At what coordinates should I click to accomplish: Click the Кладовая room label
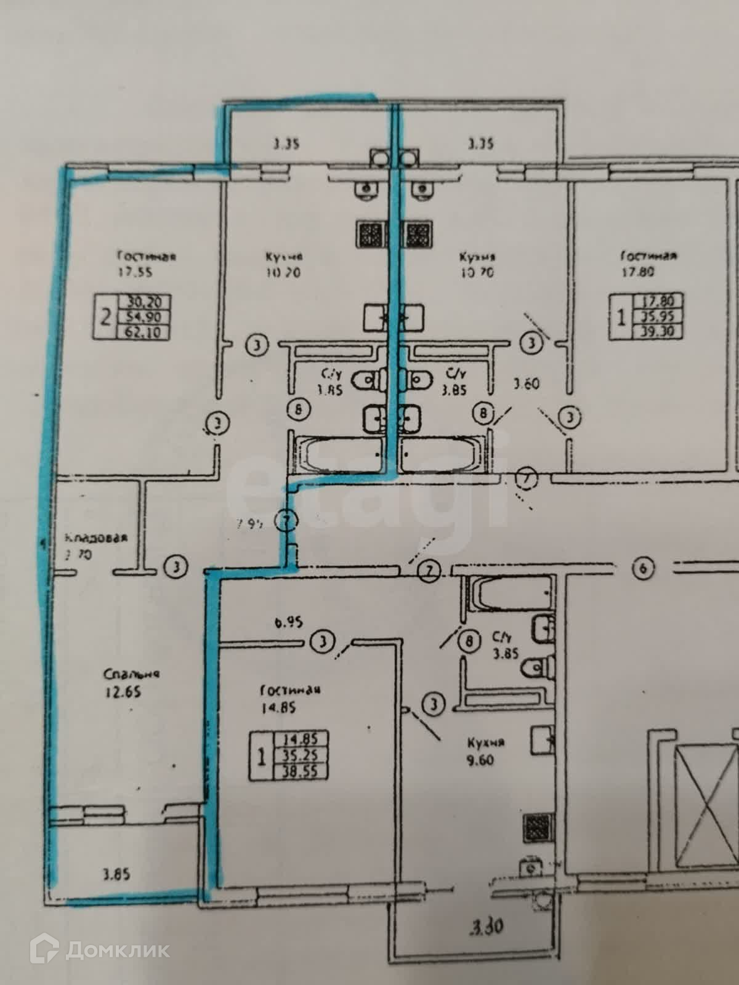[x=97, y=537]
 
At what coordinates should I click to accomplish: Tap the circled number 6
[x=642, y=568]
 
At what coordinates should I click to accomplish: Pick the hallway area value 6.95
[x=289, y=623]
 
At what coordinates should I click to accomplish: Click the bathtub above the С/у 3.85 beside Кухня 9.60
[x=510, y=594]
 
